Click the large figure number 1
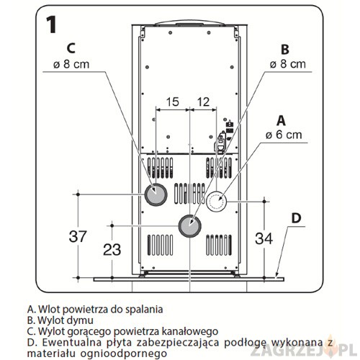(x=51, y=24)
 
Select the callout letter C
(x=71, y=48)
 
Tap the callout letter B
(x=285, y=49)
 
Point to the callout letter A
(x=281, y=121)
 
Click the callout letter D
(x=296, y=218)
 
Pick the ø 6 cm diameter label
(x=284, y=135)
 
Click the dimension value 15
(x=173, y=102)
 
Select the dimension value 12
(x=203, y=102)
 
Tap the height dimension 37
(x=78, y=236)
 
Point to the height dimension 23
(x=112, y=250)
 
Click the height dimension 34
(x=264, y=238)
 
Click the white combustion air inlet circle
(x=216, y=202)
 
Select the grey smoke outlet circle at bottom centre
(x=189, y=226)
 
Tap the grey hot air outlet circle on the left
(x=156, y=194)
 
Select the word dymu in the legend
(x=81, y=320)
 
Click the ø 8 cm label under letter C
(x=71, y=64)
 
